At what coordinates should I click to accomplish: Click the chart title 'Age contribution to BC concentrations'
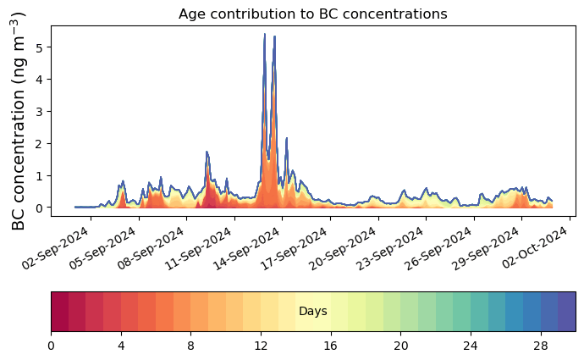coord(312,14)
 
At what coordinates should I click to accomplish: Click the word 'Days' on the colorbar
coord(313,312)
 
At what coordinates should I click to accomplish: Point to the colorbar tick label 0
coord(51,346)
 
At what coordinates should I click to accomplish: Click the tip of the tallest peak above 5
coord(265,35)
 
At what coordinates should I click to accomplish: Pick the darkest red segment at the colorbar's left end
coord(59,312)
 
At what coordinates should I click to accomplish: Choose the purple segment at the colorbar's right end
coord(567,312)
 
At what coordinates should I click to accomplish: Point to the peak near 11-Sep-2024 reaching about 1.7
coord(207,152)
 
